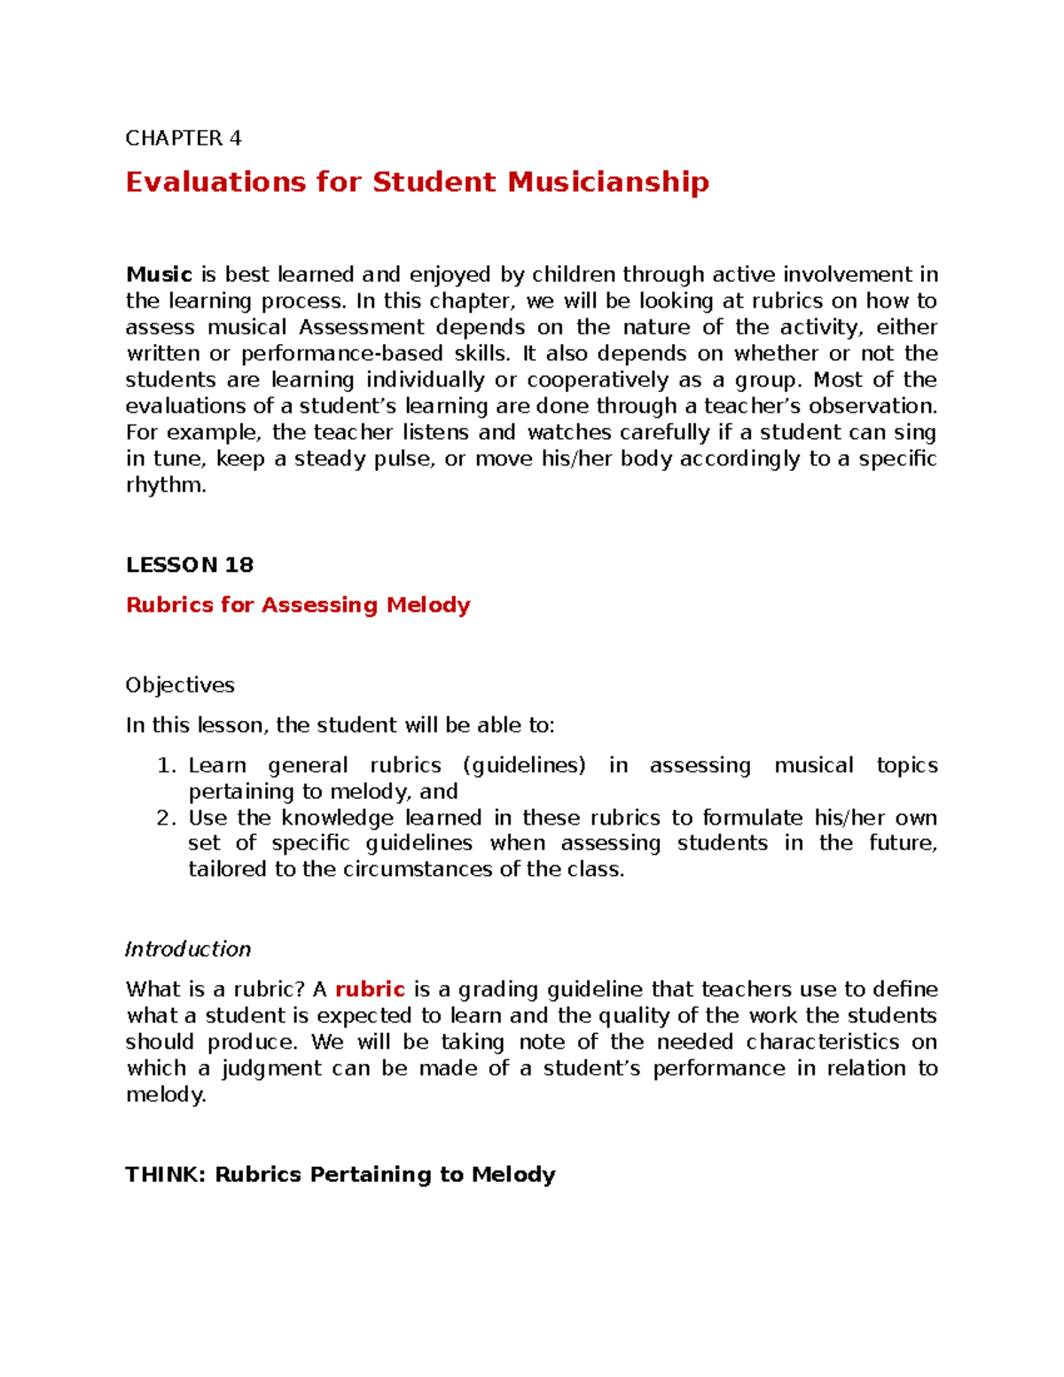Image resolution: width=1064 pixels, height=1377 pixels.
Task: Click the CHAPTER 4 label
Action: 184,138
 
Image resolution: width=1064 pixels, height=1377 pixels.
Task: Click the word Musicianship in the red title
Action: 607,182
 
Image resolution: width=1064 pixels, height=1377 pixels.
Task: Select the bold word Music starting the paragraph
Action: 159,275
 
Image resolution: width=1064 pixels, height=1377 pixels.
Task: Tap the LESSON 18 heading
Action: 190,565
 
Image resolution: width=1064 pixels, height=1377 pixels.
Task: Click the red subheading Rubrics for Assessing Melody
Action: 298,605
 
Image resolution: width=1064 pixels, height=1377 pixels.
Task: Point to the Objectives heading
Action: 180,685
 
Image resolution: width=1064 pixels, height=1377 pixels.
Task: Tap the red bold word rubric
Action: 370,990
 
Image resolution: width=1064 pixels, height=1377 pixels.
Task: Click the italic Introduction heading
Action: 188,950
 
